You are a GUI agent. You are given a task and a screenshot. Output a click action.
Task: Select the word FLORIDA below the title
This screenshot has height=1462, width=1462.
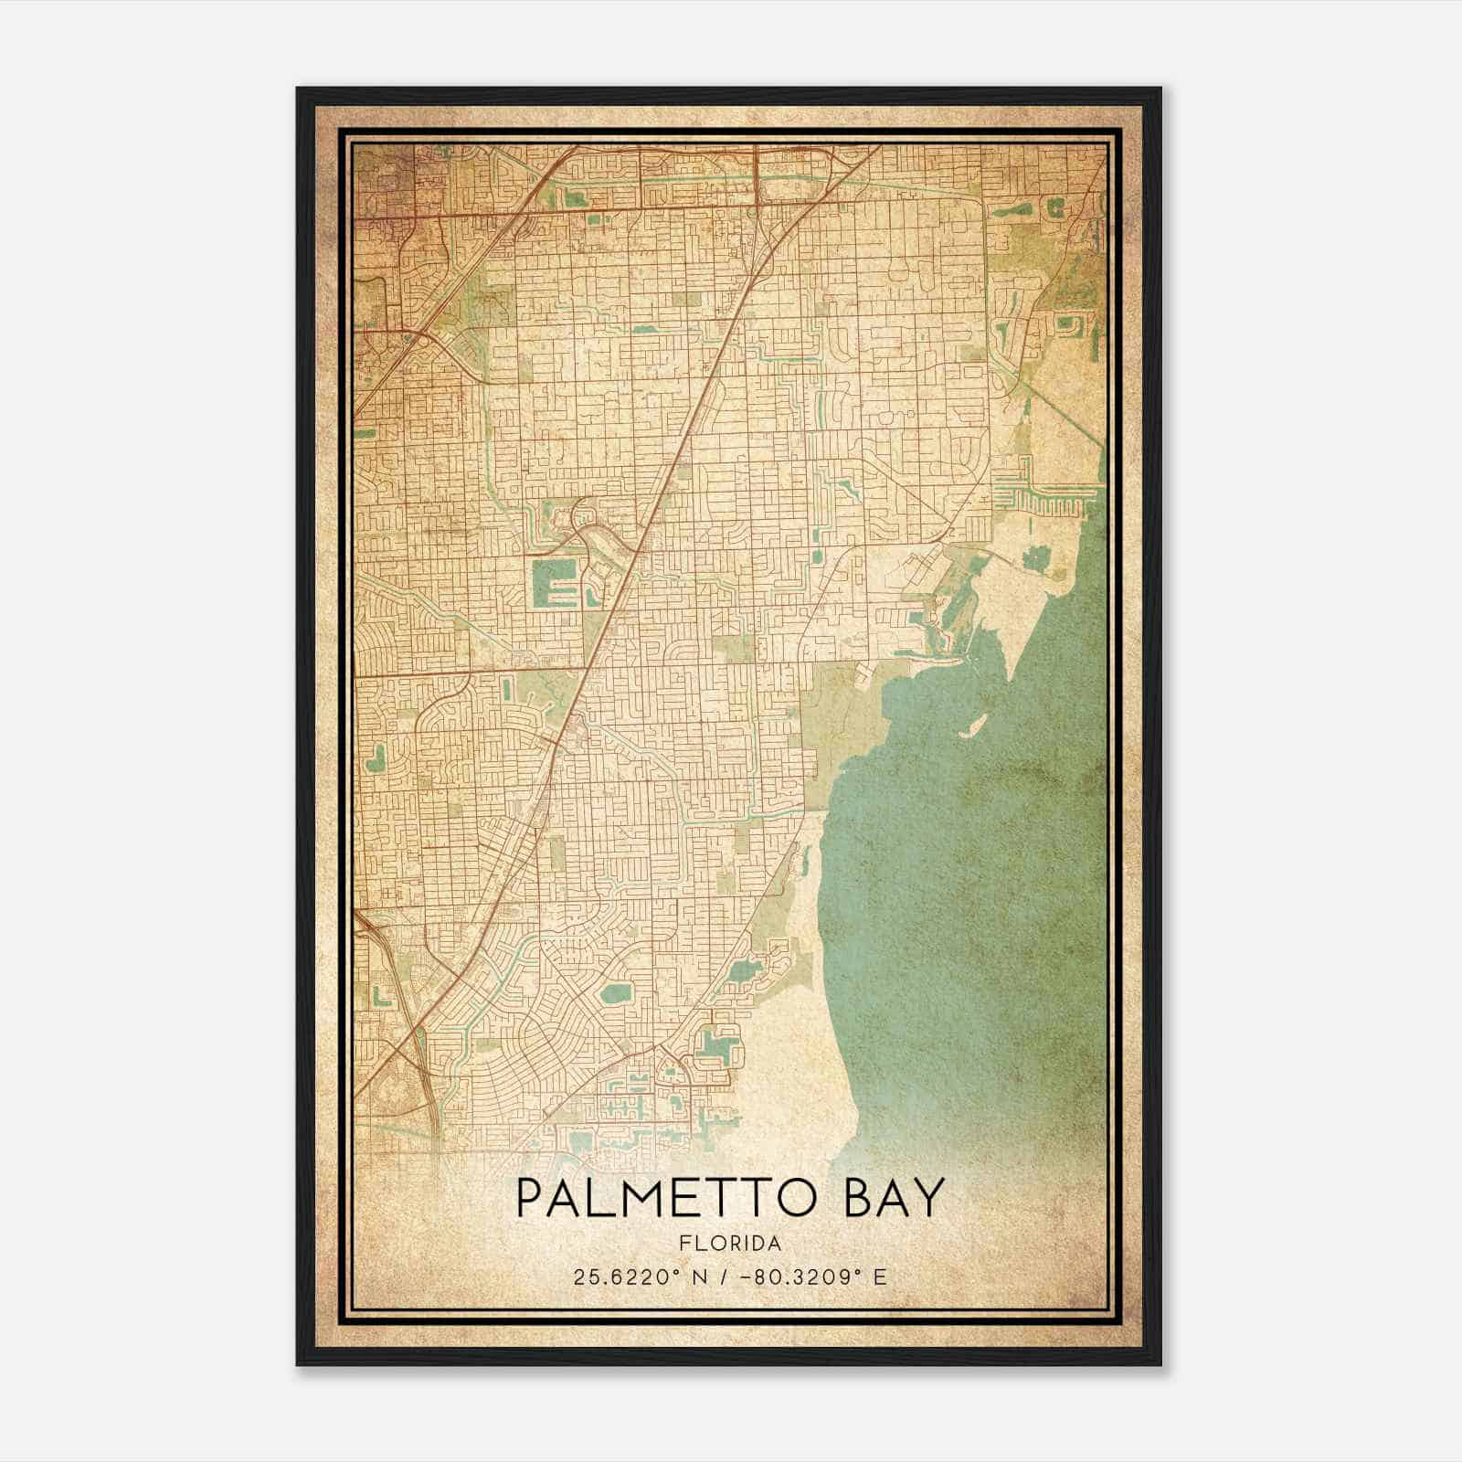pos(730,1244)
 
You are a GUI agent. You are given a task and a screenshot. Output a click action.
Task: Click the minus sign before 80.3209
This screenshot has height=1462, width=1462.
pos(753,1277)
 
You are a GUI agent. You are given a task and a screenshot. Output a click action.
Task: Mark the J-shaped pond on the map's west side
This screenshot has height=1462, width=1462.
pos(376,757)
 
